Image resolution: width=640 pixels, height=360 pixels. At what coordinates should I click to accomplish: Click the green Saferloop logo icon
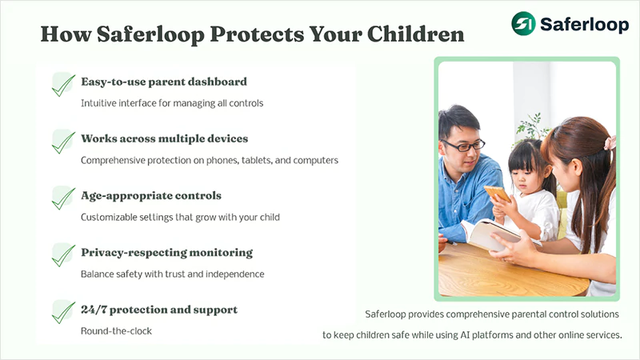(x=523, y=22)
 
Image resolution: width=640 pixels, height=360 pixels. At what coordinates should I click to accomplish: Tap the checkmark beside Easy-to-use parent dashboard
(x=63, y=84)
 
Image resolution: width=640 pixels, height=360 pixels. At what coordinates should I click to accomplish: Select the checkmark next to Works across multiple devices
(x=63, y=141)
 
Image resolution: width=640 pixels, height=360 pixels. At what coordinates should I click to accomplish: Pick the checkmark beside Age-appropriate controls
(x=63, y=198)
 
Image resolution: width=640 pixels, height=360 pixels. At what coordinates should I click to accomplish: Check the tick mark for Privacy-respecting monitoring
(x=63, y=254)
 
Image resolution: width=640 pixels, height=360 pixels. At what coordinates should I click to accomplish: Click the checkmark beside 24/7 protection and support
(x=63, y=311)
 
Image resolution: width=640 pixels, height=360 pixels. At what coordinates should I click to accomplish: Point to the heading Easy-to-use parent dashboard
(x=164, y=82)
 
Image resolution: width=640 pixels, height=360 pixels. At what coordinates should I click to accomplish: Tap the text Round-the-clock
(x=116, y=330)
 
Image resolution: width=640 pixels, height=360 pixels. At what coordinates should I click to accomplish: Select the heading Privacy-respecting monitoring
(x=166, y=252)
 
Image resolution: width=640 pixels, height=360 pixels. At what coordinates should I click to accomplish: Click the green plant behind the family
(x=531, y=126)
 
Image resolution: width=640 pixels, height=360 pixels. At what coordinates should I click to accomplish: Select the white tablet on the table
(x=488, y=236)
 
